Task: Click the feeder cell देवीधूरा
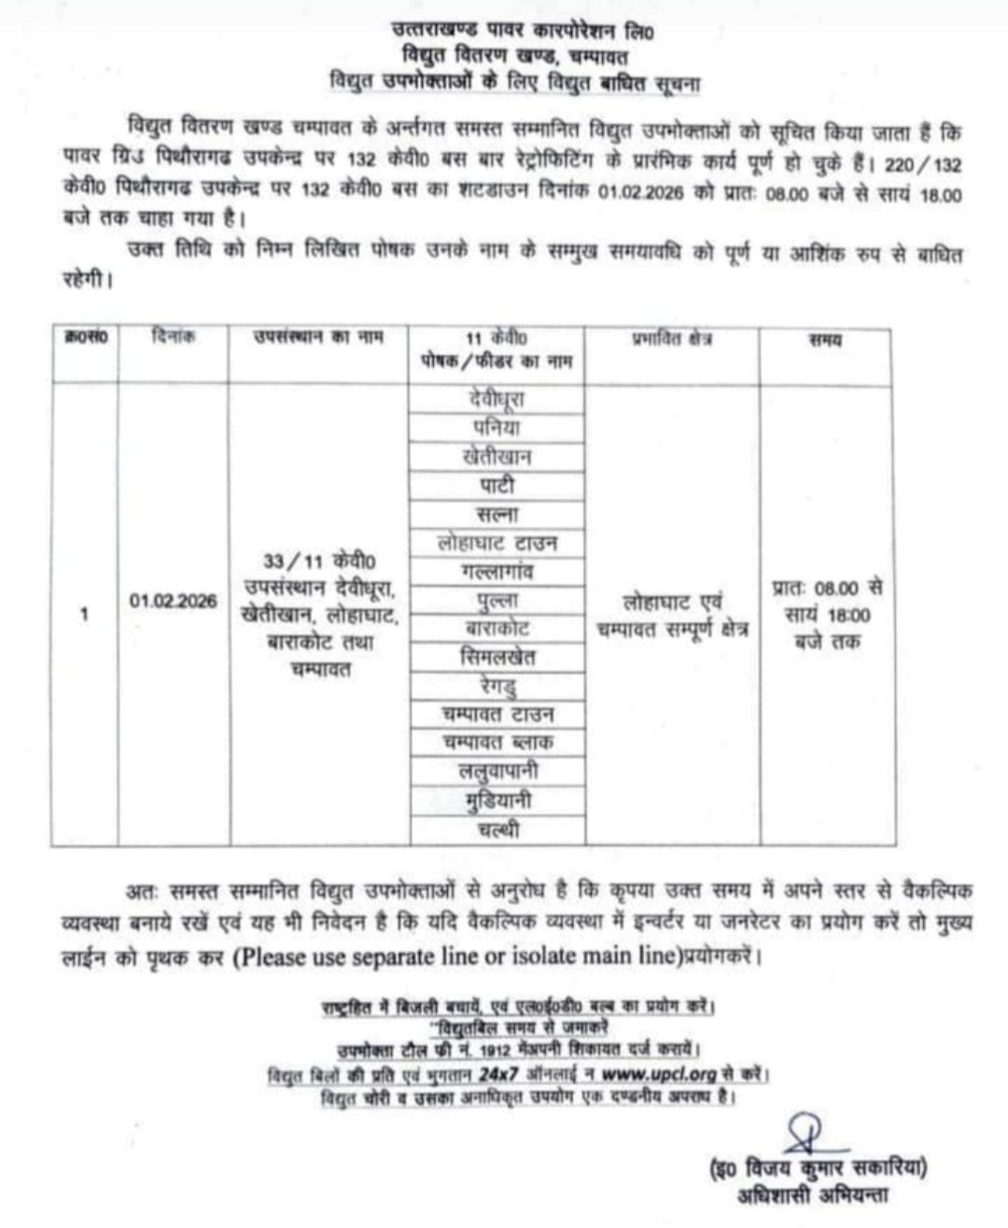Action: (497, 399)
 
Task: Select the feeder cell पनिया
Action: (497, 428)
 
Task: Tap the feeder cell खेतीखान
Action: (497, 457)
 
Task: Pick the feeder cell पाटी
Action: (497, 485)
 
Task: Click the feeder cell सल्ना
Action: (497, 514)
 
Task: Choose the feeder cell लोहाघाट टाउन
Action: (497, 543)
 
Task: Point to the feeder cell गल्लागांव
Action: (497, 571)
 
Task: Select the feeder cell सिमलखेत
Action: (497, 657)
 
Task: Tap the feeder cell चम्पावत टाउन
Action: (497, 715)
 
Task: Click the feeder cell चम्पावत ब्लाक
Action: (497, 743)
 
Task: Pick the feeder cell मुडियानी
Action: (497, 801)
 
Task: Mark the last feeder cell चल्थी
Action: (497, 830)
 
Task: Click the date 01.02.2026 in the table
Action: (174, 601)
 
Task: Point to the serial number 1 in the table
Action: (85, 614)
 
